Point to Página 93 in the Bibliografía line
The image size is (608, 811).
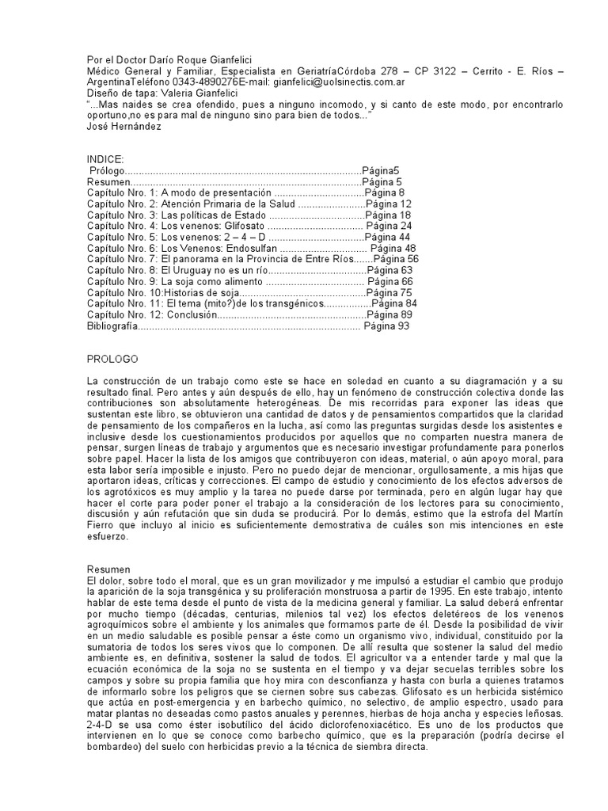pos(386,326)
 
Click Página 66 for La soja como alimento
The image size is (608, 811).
pos(390,281)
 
